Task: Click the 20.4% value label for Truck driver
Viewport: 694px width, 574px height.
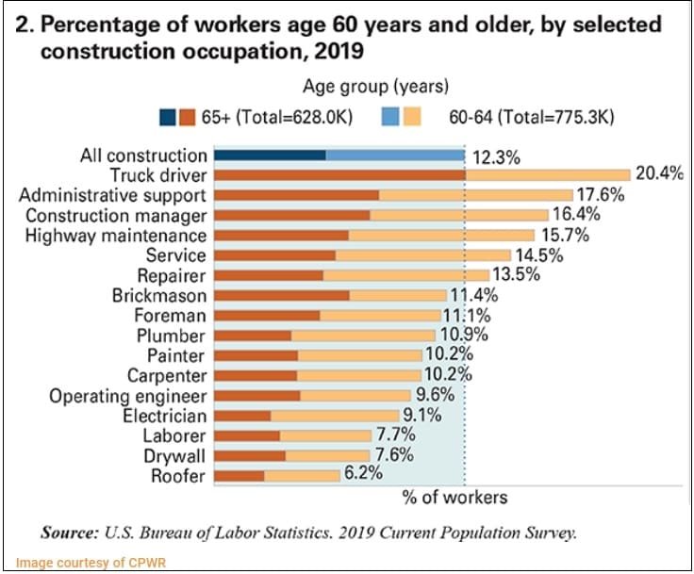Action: click(658, 174)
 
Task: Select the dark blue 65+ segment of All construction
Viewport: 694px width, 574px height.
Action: click(270, 155)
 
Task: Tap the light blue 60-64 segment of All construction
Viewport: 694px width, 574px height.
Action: click(395, 155)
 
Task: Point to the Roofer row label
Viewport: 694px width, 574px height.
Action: click(177, 476)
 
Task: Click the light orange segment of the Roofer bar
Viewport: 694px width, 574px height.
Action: click(302, 476)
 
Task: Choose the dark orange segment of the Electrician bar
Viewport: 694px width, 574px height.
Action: click(242, 416)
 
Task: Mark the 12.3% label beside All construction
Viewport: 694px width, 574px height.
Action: click(495, 157)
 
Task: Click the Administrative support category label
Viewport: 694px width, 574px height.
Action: click(112, 195)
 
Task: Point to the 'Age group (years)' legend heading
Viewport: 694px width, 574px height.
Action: click(374, 88)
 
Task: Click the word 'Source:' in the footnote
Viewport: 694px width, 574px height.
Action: click(68, 533)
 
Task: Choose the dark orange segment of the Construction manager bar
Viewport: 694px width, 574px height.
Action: click(292, 215)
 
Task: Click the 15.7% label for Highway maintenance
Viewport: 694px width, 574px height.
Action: click(563, 235)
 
